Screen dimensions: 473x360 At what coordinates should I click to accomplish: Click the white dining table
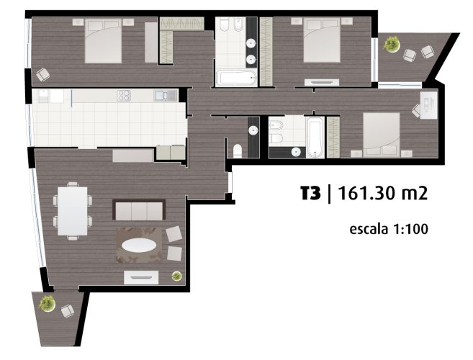(73, 211)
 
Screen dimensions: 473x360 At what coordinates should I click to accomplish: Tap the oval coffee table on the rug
(139, 245)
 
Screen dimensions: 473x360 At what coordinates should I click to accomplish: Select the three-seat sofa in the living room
(139, 210)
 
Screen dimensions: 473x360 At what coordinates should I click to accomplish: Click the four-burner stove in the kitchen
(124, 96)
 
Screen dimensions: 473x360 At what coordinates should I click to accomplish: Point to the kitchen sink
(166, 96)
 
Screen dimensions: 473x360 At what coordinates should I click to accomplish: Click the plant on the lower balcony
(47, 303)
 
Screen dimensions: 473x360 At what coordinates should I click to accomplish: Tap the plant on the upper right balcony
(391, 45)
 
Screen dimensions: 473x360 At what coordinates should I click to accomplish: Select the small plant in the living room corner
(177, 276)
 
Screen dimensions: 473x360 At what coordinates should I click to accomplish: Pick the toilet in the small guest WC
(238, 151)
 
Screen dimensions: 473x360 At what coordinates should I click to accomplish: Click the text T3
(310, 193)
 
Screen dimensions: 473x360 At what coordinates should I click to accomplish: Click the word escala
(369, 229)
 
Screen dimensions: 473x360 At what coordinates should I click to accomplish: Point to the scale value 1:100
(410, 229)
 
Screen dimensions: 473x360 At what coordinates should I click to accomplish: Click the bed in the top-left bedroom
(103, 41)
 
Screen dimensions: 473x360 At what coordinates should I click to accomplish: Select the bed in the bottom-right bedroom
(382, 135)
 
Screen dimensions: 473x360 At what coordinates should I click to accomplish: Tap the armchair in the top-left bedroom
(43, 74)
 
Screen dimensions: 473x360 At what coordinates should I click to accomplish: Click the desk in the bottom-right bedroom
(429, 104)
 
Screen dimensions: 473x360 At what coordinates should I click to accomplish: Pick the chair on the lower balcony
(68, 311)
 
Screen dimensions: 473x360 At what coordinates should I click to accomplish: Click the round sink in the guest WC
(253, 130)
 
